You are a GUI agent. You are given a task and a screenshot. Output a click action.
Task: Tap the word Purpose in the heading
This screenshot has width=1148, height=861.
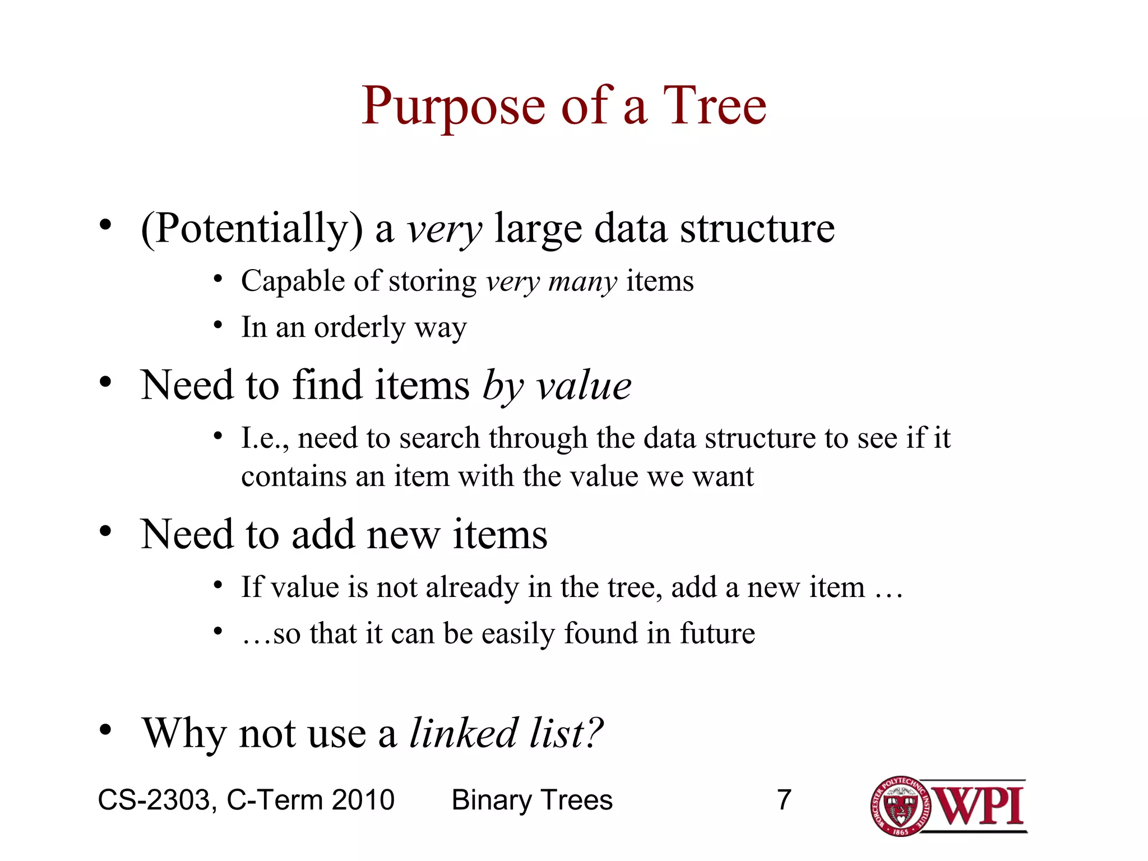point(453,107)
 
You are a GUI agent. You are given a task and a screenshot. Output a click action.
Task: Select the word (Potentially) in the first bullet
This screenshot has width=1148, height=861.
point(252,229)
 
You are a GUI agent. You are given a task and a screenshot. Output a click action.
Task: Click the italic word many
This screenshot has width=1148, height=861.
point(582,281)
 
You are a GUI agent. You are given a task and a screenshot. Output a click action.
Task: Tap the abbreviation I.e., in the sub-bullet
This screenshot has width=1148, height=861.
point(265,438)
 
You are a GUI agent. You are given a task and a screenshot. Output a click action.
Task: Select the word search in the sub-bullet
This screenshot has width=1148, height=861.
point(439,438)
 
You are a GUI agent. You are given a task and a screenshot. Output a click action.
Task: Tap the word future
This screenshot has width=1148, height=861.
point(717,633)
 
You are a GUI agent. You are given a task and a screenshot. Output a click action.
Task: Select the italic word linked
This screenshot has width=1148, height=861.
point(463,733)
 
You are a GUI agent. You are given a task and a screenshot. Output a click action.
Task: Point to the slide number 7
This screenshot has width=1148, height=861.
point(784,800)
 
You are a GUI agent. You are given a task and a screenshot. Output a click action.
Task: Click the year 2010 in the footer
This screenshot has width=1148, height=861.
point(363,800)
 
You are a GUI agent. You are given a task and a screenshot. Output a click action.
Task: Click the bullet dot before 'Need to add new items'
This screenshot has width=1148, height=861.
point(105,531)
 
